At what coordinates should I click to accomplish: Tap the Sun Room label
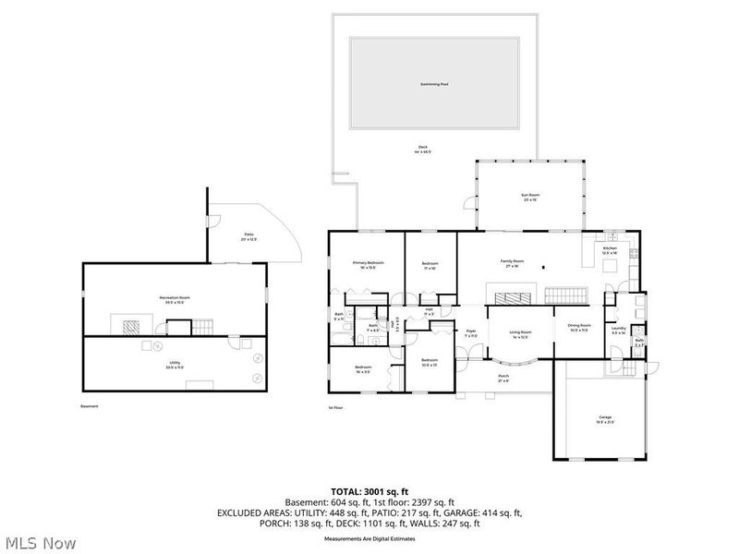(x=530, y=197)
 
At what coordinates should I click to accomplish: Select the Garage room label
(x=604, y=418)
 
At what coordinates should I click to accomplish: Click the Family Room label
(x=513, y=263)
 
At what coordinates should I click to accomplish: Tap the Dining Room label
(x=579, y=326)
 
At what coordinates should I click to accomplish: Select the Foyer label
(x=470, y=332)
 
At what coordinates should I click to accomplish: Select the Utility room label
(x=174, y=365)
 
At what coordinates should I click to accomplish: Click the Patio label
(x=248, y=236)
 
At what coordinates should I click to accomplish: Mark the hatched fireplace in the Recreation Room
(x=129, y=326)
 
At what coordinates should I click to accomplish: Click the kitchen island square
(x=610, y=268)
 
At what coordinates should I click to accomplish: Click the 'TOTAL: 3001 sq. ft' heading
(x=369, y=492)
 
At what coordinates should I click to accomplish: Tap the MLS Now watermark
(x=39, y=543)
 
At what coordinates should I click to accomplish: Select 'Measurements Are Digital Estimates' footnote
(x=369, y=537)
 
